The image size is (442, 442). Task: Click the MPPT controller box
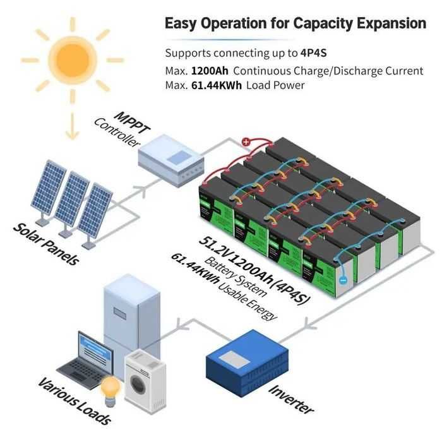172,158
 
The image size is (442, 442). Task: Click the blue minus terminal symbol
342,278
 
